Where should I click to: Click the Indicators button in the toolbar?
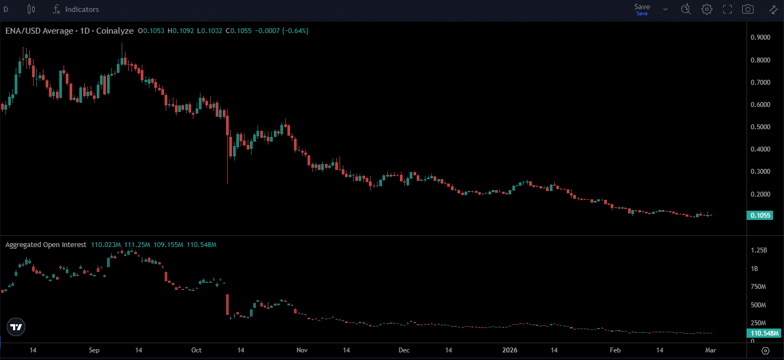tap(76, 9)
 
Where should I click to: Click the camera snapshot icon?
tap(748, 9)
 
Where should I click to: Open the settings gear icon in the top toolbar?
tap(707, 9)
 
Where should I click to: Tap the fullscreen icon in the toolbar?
tap(727, 9)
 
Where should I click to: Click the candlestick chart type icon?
tap(30, 9)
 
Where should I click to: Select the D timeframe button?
tap(6, 9)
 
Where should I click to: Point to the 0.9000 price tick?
tap(760, 37)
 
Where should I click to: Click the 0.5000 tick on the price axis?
tap(760, 127)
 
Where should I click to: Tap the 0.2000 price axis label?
tap(760, 194)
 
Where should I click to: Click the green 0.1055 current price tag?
tap(760, 216)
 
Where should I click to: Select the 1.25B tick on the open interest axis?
tap(758, 250)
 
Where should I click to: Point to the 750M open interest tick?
tap(758, 287)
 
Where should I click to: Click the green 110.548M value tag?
tap(763, 333)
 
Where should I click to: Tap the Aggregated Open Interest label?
tap(46, 245)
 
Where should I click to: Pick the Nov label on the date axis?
tap(303, 350)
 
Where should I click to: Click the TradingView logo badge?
tap(17, 327)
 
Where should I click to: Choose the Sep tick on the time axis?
tap(94, 350)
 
